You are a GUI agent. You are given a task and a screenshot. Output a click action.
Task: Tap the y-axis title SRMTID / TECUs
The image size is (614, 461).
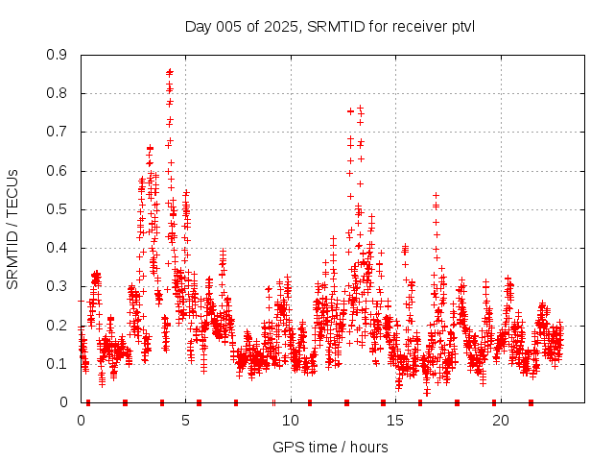12,229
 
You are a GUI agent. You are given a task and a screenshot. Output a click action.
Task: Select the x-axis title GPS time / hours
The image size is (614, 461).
329,447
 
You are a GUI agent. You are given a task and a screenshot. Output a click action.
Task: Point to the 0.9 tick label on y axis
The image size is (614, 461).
58,55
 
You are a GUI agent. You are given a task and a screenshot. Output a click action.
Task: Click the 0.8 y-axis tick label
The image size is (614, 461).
58,93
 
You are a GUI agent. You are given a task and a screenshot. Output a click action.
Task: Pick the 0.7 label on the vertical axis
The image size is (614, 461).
58,132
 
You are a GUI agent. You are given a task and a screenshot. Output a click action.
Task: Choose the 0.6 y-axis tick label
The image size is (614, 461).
58,171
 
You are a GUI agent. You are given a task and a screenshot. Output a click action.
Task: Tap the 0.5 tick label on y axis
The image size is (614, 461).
58,209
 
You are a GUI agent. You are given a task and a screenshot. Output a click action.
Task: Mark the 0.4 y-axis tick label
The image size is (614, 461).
58,248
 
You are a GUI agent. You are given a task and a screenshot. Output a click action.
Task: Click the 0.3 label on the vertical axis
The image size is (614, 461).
58,286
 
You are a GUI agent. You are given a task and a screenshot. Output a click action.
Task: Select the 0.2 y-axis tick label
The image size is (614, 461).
58,325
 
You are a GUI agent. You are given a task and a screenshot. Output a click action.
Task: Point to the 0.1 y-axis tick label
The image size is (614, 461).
58,364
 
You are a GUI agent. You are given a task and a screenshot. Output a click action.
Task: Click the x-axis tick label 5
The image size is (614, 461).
186,421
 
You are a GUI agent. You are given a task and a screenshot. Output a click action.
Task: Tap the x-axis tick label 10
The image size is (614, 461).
291,421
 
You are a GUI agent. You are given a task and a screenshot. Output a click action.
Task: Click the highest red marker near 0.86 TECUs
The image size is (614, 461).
170,71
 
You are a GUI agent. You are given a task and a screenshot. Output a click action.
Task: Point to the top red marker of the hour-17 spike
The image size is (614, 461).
436,195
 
